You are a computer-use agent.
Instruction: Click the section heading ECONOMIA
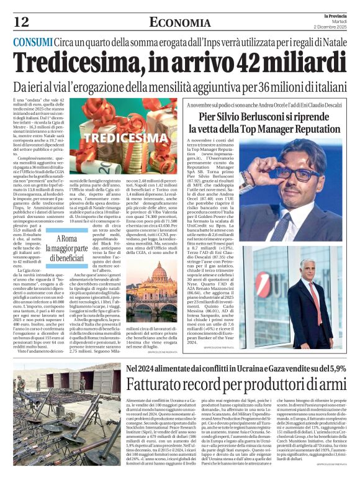tap(179, 23)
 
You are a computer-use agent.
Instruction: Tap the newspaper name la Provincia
tap(336, 15)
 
